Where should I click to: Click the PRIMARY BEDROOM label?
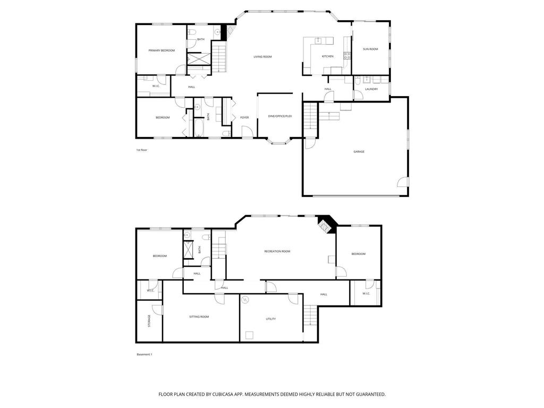[161, 50]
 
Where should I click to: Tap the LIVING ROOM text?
[262, 57]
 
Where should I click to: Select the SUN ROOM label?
[370, 49]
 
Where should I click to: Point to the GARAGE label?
[359, 151]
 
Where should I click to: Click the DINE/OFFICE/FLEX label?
[280, 116]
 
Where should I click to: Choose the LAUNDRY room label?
[371, 89]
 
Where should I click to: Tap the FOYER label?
[244, 117]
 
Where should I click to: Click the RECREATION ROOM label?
[277, 251]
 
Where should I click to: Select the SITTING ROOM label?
[199, 317]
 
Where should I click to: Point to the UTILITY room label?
[271, 319]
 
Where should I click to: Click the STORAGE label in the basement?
[149, 321]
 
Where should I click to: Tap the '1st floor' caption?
[141, 150]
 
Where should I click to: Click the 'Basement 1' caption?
[144, 354]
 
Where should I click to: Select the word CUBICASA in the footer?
[220, 395]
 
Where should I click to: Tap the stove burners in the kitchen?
[347, 55]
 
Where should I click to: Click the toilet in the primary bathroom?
[191, 32]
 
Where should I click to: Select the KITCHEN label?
[327, 56]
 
